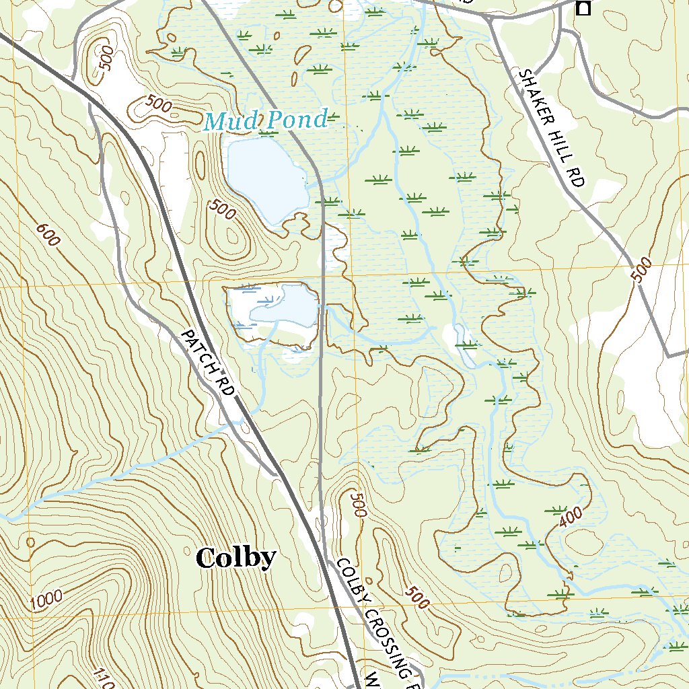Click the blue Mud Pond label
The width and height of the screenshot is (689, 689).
pos(266,121)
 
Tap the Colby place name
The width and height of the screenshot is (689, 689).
pos(236,557)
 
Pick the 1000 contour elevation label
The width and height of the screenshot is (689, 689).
pos(46,599)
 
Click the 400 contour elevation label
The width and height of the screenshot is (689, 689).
pos(570,517)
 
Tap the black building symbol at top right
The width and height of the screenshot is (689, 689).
pos(583,8)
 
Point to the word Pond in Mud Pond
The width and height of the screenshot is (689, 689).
pos(295,120)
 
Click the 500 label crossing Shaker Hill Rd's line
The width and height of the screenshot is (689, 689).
pos(642,270)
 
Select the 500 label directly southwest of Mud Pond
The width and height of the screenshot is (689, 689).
pos(222,211)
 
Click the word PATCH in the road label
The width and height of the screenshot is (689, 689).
pos(198,348)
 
